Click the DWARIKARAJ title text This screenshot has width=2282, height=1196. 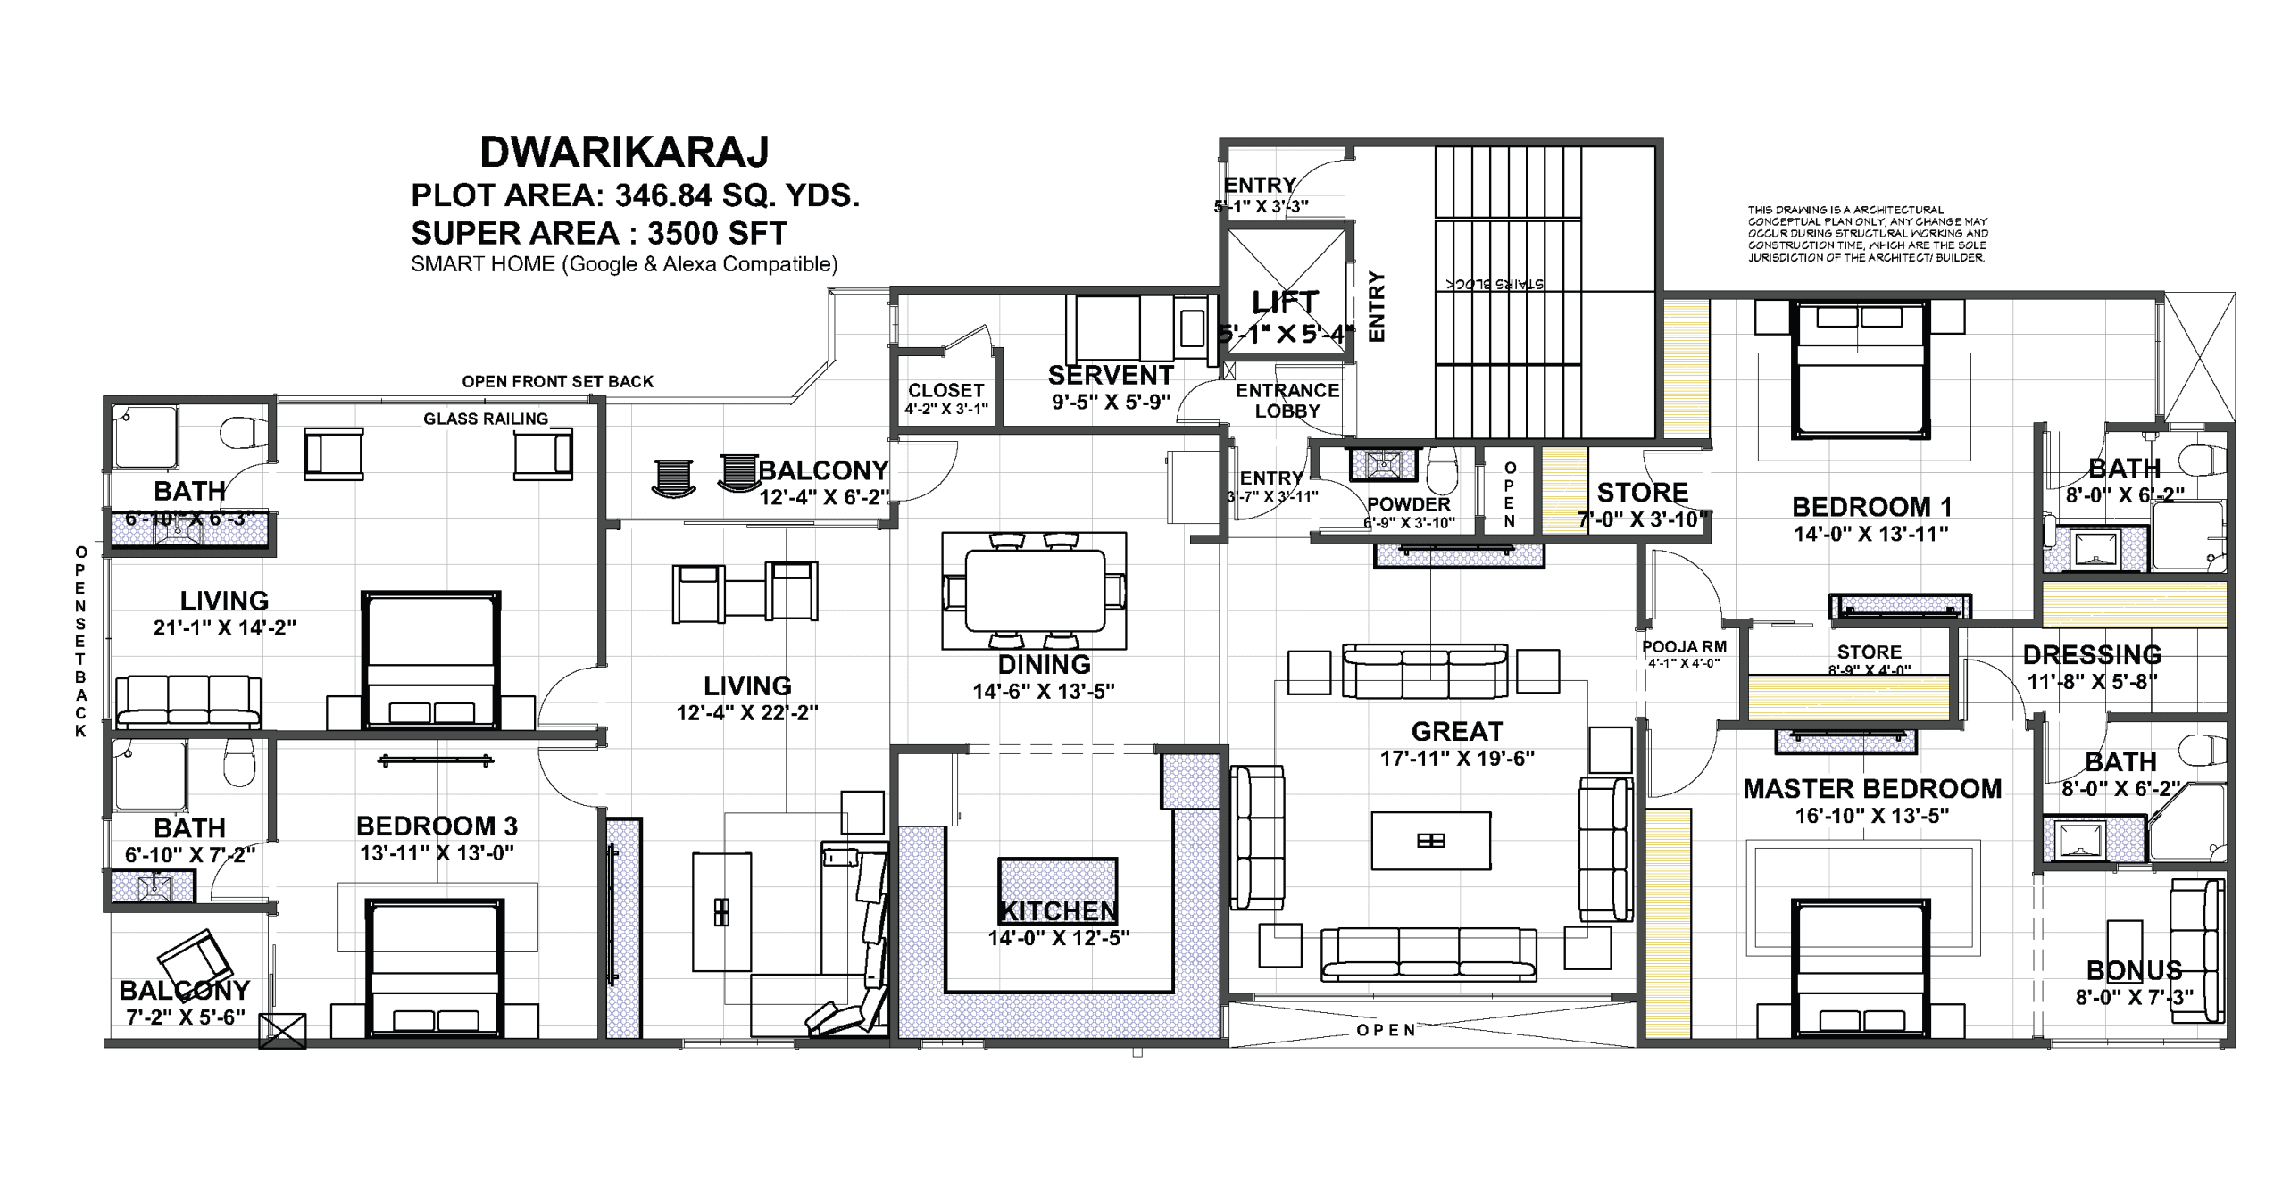pyautogui.click(x=624, y=153)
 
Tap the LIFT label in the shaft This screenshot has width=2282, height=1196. pyautogui.click(x=1285, y=303)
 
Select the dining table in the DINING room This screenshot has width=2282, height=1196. pyautogui.click(x=1034, y=590)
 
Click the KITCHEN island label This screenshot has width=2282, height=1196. pyautogui.click(x=1057, y=911)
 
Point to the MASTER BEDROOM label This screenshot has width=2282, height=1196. pyautogui.click(x=1872, y=789)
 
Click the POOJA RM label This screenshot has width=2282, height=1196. pyautogui.click(x=1684, y=647)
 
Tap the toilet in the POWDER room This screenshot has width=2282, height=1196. pyautogui.click(x=1443, y=470)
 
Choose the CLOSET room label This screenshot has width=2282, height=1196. pyautogui.click(x=945, y=391)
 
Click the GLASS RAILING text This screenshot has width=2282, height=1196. pyautogui.click(x=485, y=419)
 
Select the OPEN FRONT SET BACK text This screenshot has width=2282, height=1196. pyautogui.click(x=557, y=382)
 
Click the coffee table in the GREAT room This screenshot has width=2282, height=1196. pyautogui.click(x=1430, y=840)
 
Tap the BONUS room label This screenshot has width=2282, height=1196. pyautogui.click(x=2134, y=970)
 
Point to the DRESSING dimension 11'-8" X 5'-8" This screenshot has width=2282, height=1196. pyautogui.click(x=2092, y=682)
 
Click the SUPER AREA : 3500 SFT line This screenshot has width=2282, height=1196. pyautogui.click(x=598, y=234)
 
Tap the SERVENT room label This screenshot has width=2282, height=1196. pyautogui.click(x=1111, y=375)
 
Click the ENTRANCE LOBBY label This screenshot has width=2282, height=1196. pyautogui.click(x=1287, y=401)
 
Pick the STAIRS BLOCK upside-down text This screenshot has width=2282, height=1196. pyautogui.click(x=1495, y=284)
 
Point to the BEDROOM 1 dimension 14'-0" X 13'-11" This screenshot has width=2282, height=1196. pyautogui.click(x=1870, y=535)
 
